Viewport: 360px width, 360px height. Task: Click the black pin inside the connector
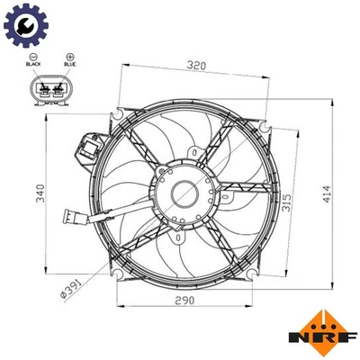pyautogui.click(x=41, y=89)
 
